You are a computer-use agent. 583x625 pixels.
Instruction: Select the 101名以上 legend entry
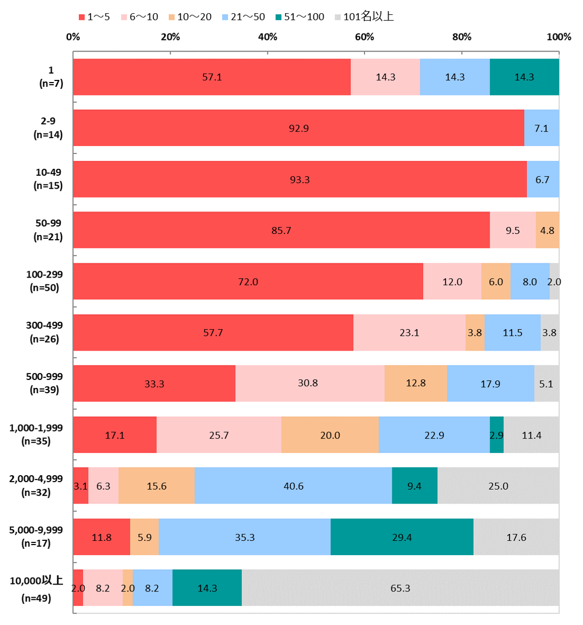[x=364, y=17]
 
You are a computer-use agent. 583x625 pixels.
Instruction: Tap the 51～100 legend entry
[x=299, y=17]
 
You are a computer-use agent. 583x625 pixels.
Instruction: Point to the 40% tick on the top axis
[x=268, y=37]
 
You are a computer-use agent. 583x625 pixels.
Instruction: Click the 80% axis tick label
[x=461, y=37]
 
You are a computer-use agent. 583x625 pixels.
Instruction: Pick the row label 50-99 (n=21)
[x=48, y=230]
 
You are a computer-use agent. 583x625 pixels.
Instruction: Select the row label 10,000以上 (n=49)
[x=36, y=589]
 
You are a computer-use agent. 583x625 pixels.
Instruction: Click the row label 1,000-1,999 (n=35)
[x=36, y=435]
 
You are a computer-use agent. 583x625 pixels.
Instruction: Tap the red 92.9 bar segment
[x=298, y=128]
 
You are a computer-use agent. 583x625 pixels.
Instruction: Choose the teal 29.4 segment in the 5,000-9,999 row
[x=402, y=537]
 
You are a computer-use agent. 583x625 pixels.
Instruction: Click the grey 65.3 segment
[x=400, y=588]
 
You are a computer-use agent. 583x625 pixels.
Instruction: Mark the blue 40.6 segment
[x=293, y=486]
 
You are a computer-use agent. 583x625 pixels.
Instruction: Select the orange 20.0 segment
[x=330, y=435]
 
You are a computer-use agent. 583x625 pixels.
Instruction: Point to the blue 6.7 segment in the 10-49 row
[x=542, y=180]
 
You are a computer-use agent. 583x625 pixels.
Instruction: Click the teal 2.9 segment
[x=497, y=435]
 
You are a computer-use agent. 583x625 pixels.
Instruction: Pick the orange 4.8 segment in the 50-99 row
[x=547, y=231]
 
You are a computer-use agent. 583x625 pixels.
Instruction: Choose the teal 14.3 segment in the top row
[x=524, y=77]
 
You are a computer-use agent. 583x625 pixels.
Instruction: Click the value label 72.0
[x=248, y=282]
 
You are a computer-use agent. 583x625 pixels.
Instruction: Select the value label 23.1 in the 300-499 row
[x=409, y=333]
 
